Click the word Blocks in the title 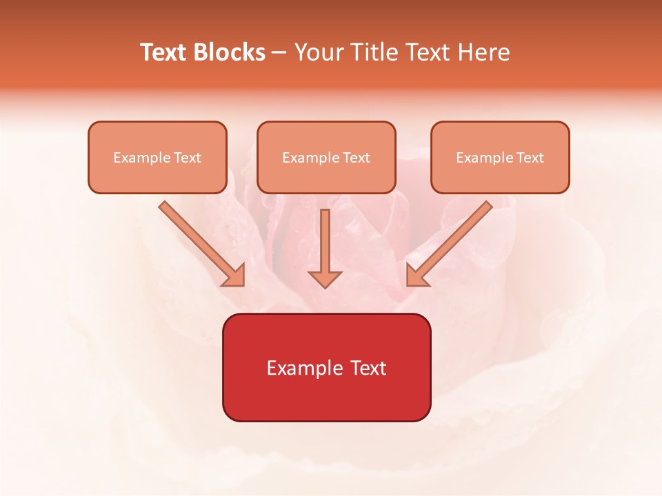coord(228,52)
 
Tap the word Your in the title coord(319,52)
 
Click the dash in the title coord(279,53)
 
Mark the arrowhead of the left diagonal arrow coord(234,276)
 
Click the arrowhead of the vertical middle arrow coord(325,278)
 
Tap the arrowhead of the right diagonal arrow coord(417,276)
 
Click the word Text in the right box coord(530,158)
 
